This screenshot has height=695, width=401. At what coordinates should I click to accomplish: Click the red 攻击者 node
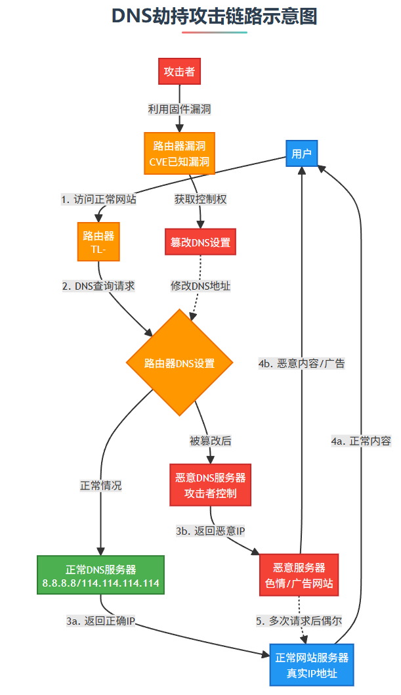pos(179,72)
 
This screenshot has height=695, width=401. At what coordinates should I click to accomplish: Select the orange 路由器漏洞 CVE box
pos(179,154)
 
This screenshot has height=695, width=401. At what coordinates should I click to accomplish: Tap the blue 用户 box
pos(301,154)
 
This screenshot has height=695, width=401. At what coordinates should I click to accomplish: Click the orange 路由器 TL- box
pos(99,242)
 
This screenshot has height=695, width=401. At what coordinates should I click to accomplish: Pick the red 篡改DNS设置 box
pos(200,242)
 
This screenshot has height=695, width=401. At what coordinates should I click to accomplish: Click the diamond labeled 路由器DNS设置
pos(179,363)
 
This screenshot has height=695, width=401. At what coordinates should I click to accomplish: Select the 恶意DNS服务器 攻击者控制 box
pos(211,485)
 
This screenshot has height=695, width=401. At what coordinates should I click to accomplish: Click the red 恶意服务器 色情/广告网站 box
pos(300,575)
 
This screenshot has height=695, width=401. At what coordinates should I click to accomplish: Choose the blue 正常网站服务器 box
pos(312,665)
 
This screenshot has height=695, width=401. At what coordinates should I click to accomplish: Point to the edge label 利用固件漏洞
pos(179,108)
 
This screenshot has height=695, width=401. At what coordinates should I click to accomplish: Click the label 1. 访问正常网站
pos(98,199)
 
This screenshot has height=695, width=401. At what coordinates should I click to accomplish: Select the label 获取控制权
pos(200,199)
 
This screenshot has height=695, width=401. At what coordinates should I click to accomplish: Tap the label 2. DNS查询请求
pos(98,286)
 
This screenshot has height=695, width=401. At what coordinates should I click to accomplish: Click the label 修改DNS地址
pos(200,286)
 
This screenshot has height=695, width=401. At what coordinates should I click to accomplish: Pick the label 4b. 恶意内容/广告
pos(302,363)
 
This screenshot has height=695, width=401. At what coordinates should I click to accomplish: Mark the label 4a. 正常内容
pos(361,441)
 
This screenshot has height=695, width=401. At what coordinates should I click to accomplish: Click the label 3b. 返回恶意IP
pos(211,530)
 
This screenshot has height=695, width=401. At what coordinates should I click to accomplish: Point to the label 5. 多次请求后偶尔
pos(299,620)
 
